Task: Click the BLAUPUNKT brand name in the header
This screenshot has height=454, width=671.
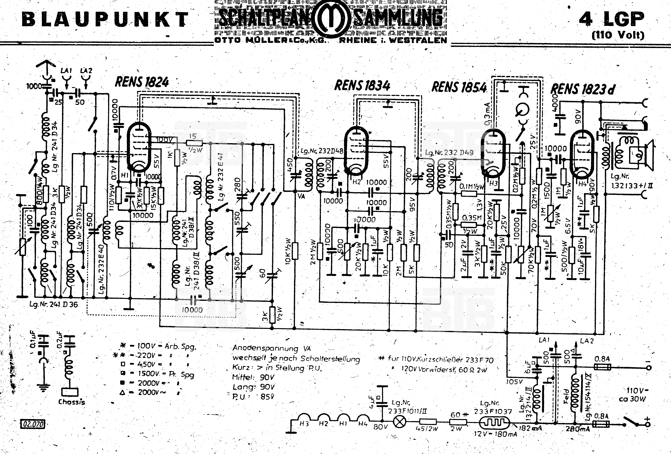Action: pyautogui.click(x=105, y=20)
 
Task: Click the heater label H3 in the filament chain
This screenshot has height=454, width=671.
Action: pyautogui.click(x=304, y=424)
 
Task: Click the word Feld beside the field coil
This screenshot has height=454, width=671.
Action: pyautogui.click(x=565, y=396)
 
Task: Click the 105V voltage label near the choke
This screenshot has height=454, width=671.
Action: pyautogui.click(x=514, y=382)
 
